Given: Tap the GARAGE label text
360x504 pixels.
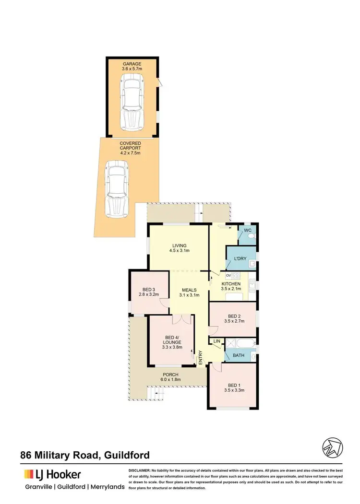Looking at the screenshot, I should tap(132, 63).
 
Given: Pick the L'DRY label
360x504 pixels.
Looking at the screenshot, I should tap(240, 259).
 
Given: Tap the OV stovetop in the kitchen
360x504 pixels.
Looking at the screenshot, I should tap(236, 276).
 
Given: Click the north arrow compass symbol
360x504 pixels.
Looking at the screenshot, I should tap(332, 447).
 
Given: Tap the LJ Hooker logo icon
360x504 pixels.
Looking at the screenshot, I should tap(29, 475).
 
